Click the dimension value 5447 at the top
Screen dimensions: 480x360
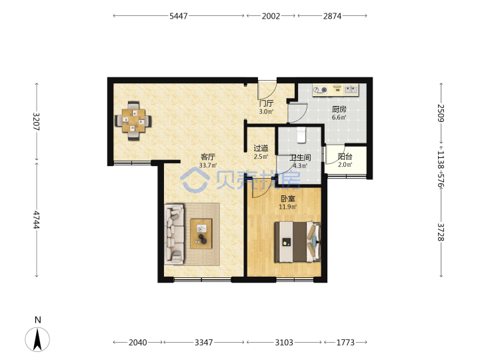179,16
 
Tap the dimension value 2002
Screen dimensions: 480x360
271,16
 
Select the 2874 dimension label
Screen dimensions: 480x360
332,16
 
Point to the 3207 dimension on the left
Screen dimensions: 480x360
37,121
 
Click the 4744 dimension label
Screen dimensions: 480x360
37,219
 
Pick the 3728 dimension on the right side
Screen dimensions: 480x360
441,232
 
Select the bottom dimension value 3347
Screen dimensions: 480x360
203,342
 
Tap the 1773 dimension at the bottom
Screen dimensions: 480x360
345,342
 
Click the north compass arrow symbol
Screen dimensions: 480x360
37,339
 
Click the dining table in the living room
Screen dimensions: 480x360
133,121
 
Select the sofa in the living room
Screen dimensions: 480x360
174,234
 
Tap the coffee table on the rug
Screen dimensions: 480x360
201,233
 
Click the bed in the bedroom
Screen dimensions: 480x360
297,242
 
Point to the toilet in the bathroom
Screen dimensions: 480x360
301,135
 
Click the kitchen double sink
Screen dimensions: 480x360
351,89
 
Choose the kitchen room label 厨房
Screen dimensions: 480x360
339,109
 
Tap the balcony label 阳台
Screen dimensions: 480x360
345,157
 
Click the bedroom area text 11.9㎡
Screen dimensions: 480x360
288,207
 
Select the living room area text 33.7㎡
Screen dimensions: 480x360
208,165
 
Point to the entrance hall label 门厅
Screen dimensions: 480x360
266,103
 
